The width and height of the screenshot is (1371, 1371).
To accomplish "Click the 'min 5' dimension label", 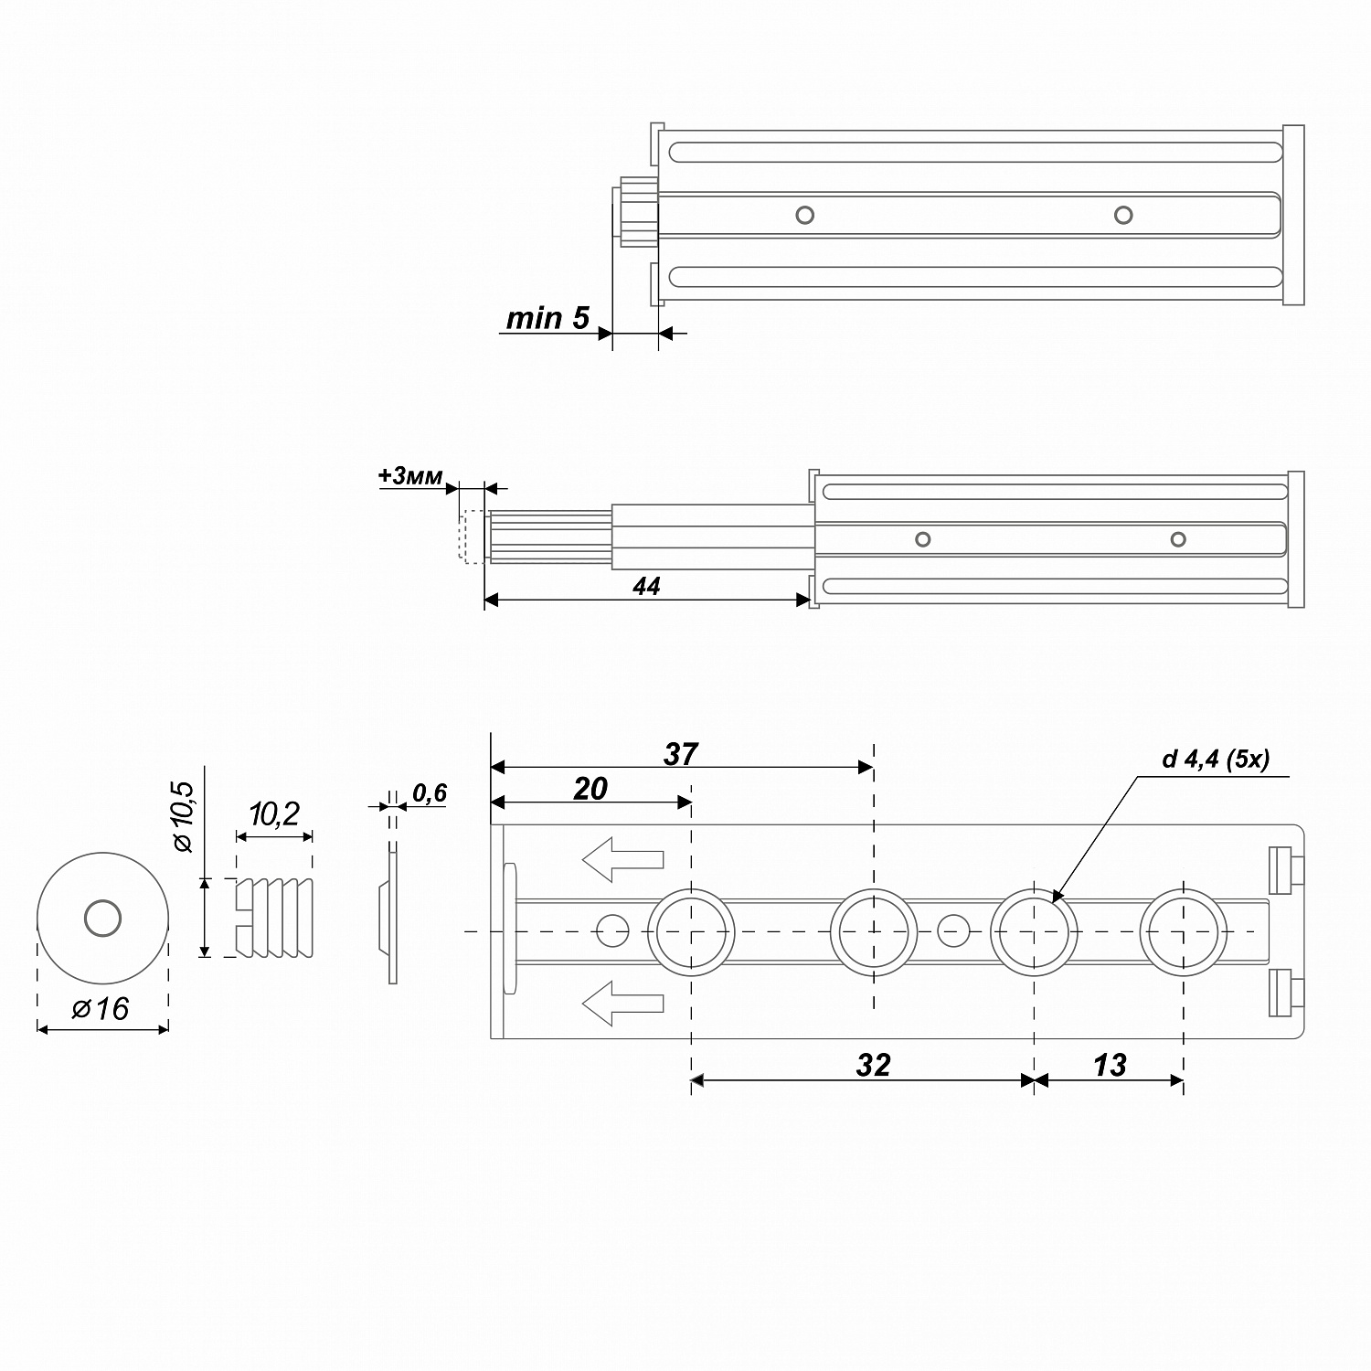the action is (547, 318).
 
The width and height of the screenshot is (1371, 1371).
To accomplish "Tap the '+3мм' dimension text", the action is (410, 476).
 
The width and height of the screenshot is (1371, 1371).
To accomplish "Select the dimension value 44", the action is (646, 587).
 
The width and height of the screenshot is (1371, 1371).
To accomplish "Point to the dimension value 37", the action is (681, 754).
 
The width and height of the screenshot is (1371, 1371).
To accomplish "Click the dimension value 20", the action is (590, 789).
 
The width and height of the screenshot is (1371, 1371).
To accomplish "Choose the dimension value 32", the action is (873, 1065).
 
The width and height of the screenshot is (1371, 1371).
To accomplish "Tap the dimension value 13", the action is (1109, 1065).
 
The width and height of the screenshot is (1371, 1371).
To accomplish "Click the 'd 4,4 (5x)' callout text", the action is (1216, 759).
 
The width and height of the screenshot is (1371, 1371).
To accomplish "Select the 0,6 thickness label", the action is (429, 793).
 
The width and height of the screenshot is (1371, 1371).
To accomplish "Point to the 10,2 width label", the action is (274, 813).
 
